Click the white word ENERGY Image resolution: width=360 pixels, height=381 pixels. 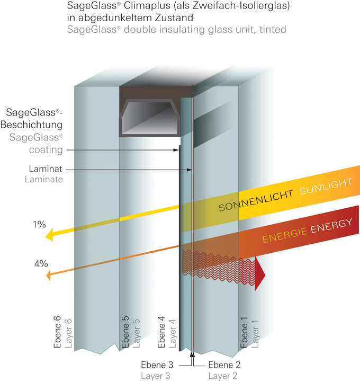[331, 226]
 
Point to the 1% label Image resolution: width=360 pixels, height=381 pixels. [40, 224]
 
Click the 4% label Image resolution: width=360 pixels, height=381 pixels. [41, 263]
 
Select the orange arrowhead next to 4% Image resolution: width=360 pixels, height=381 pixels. [49, 274]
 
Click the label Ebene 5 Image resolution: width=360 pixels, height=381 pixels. [125, 333]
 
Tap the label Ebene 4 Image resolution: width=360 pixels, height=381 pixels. [162, 333]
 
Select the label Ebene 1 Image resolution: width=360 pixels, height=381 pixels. [244, 333]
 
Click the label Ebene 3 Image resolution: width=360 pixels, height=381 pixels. [157, 365]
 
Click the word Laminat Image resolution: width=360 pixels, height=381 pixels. [47, 170]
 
